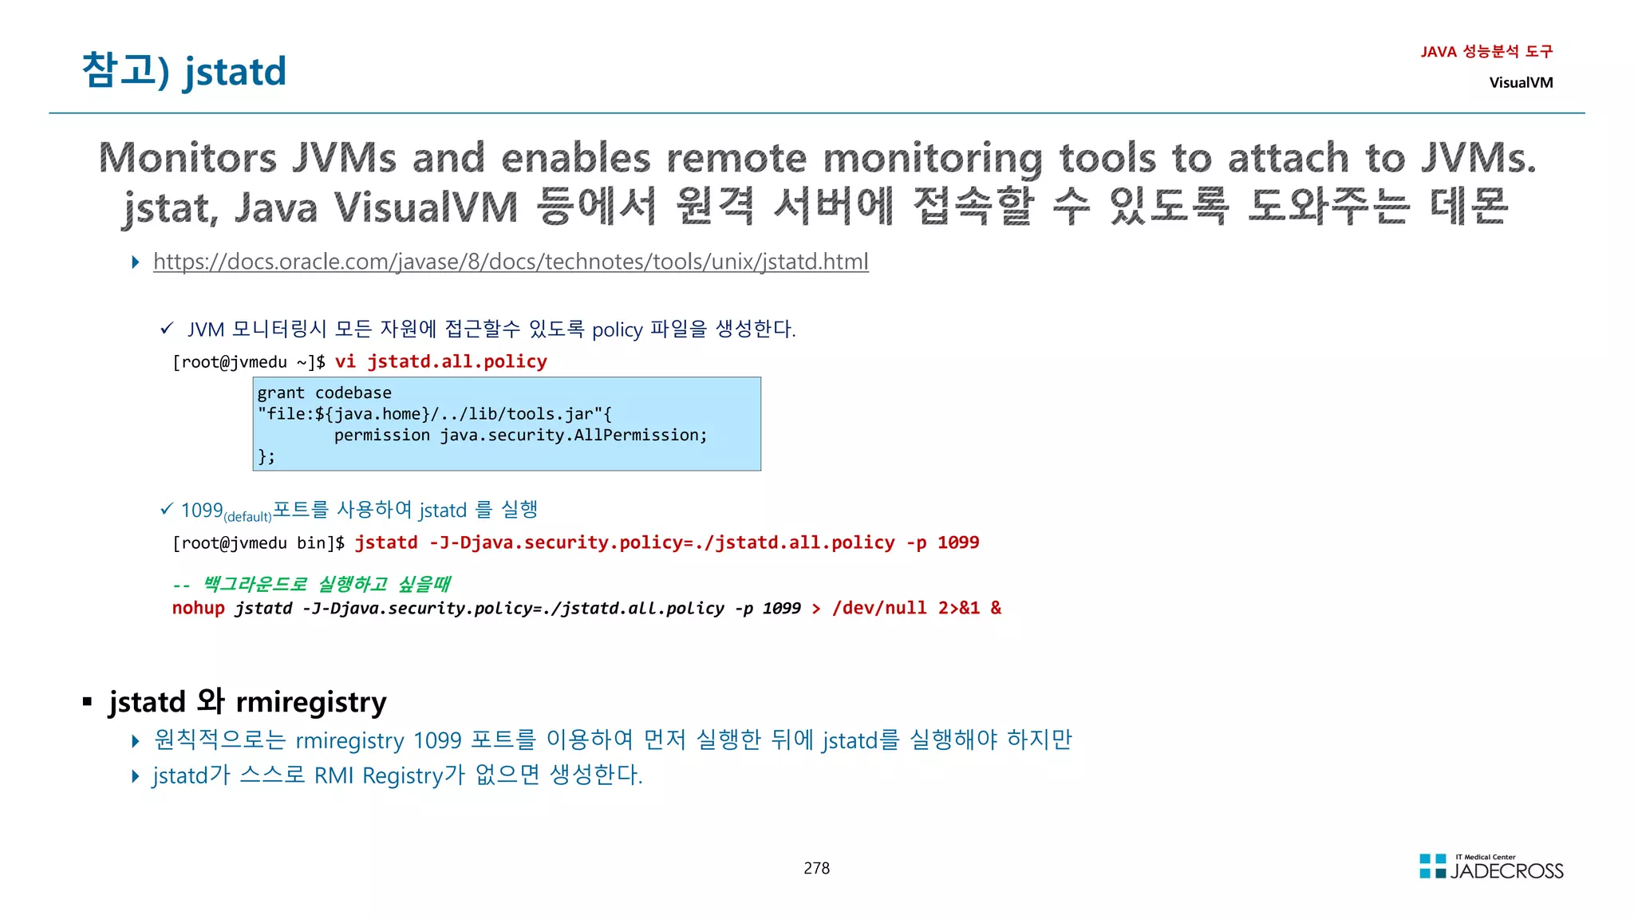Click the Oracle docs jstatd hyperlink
point(511,262)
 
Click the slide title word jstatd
point(235,72)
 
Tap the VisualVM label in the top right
point(1521,82)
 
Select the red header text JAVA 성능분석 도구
point(1486,52)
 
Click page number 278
point(816,868)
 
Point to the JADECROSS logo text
point(1506,871)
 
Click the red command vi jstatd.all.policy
point(440,361)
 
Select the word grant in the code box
point(281,392)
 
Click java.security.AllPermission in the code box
point(573,435)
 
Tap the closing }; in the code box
point(266,456)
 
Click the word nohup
point(199,608)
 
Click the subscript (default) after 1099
point(247,517)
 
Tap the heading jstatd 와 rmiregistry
point(247,701)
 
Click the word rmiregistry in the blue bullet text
point(349,740)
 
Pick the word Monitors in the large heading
point(187,158)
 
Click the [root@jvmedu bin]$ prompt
point(259,543)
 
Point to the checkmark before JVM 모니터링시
point(167,328)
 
